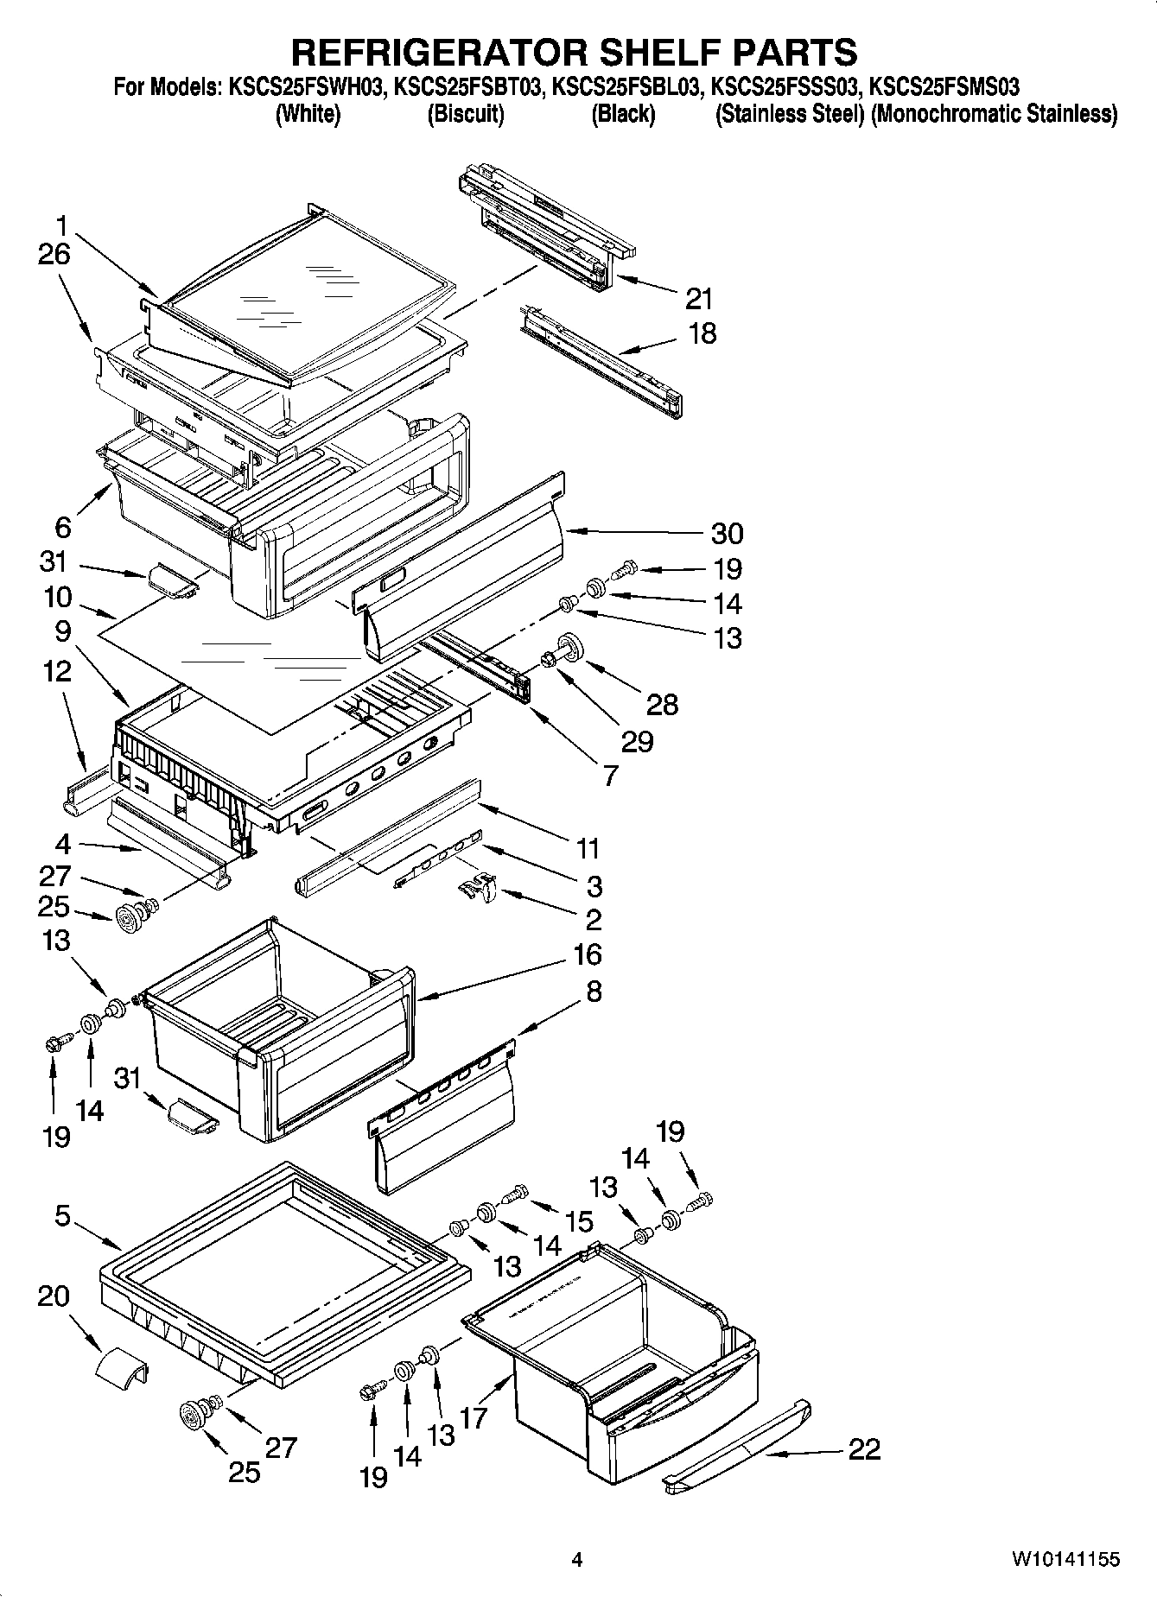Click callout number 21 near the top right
click(698, 299)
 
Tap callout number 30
click(727, 533)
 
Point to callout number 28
click(663, 704)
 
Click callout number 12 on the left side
click(57, 671)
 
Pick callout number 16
click(586, 954)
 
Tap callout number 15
click(580, 1220)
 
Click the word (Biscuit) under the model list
click(466, 114)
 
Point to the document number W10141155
click(1066, 1559)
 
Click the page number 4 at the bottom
click(577, 1559)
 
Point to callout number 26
click(54, 255)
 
